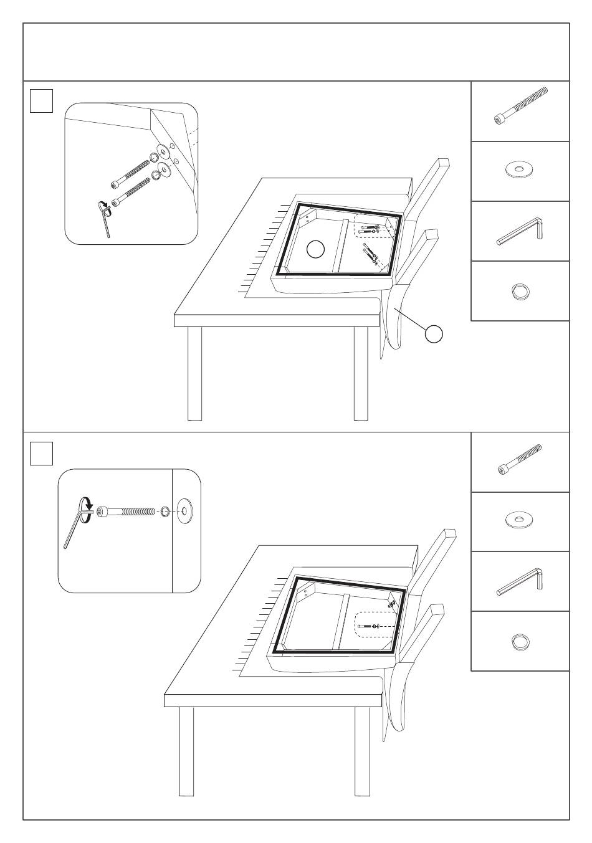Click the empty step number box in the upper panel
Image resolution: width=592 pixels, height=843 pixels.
[41, 100]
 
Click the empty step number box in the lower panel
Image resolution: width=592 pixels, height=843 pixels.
[41, 453]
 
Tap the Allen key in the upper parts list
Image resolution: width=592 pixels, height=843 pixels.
[521, 231]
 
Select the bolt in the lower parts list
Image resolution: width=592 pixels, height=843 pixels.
[520, 460]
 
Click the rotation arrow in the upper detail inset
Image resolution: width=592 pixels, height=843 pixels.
[103, 207]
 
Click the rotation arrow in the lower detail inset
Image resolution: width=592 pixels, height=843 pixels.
[85, 503]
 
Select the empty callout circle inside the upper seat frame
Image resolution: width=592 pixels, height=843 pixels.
[316, 249]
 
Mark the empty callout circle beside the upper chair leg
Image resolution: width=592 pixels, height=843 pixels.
[434, 333]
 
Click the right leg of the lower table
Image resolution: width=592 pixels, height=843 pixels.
[362, 751]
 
